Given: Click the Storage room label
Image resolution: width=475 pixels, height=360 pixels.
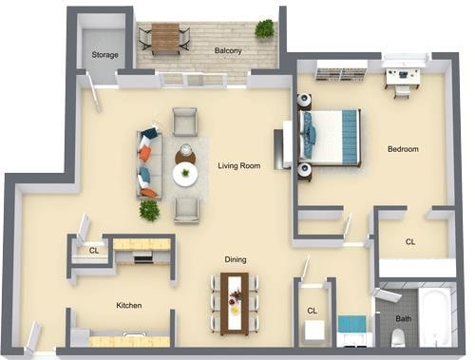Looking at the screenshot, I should tap(104, 55).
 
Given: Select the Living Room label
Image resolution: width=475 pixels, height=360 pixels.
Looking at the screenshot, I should tap(238, 165).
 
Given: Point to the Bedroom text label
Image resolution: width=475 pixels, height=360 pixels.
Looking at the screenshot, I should tap(403, 149).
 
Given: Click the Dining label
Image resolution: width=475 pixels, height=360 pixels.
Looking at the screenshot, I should tap(236, 258).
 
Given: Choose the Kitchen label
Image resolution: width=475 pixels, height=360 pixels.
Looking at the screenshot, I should tap(129, 306).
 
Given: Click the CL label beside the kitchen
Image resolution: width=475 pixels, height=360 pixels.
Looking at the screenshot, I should tap(93, 251).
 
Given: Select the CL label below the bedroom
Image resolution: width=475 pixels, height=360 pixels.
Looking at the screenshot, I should tap(410, 242).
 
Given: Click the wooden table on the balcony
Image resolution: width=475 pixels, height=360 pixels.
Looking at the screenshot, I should tap(164, 37).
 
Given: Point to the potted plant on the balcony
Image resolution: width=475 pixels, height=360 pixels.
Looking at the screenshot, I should tap(264, 29).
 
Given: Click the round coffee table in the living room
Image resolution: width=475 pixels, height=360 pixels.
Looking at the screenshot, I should tap(185, 174).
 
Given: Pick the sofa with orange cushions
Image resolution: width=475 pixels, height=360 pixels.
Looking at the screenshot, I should tap(148, 164).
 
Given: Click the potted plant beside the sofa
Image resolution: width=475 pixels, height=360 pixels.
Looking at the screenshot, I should tap(149, 210).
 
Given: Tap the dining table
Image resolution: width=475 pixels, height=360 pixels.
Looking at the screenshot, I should tap(234, 302).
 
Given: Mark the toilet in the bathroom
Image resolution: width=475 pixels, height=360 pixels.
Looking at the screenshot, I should tap(398, 336).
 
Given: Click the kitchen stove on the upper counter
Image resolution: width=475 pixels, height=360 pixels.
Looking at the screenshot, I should tap(143, 257).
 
